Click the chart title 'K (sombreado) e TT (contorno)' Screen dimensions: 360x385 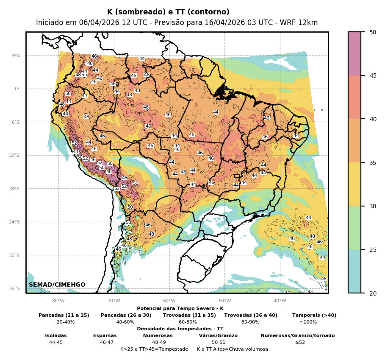pos(168,12)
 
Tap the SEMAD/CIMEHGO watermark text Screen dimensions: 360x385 pos(57,285)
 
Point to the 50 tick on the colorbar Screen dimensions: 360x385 pos(372,32)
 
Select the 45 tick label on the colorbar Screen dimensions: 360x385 pos(372,75)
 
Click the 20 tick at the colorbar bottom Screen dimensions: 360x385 pos(372,293)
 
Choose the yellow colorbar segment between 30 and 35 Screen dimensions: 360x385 pos(355,184)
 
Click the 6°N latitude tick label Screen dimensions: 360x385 pos(16,56)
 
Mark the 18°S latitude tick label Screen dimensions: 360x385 pos(14,189)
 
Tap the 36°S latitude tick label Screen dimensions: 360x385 pos(14,288)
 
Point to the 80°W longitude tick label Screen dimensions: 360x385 pos(58,301)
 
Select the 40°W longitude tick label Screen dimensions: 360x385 pos(280,301)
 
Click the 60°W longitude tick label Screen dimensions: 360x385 pos(169,301)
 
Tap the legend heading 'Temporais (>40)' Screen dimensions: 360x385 pos(314,315)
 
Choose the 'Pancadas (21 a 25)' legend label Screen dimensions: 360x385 pos(64,315)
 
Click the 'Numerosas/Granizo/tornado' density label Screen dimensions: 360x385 pos(297,335)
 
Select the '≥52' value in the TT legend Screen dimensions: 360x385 pos(300,342)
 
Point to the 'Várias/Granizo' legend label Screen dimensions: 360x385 pos(218,335)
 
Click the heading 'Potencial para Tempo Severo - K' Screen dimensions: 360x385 pos(180,308)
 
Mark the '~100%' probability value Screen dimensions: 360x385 pos(308,322)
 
